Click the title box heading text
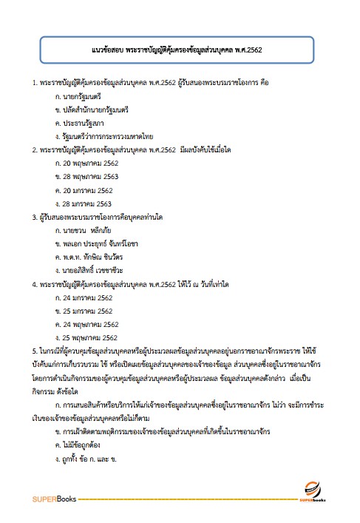179,52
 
